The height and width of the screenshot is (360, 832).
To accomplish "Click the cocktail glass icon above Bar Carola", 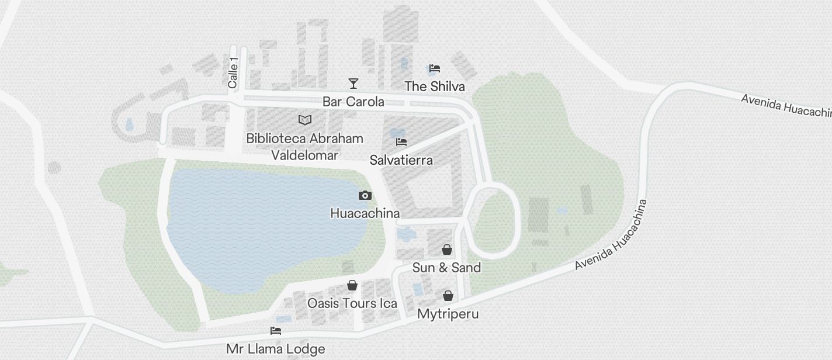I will click(x=353, y=83).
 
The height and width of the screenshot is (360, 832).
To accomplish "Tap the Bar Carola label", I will click(x=353, y=102).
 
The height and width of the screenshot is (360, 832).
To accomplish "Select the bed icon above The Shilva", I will click(x=434, y=68).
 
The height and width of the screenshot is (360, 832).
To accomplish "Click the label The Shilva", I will click(x=435, y=86).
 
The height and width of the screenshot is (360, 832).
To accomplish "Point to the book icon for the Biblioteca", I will click(x=304, y=120).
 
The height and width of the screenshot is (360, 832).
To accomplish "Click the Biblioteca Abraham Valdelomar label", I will click(x=304, y=147).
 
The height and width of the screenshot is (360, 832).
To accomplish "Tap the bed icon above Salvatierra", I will click(x=401, y=142).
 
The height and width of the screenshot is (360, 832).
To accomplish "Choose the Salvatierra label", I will click(x=401, y=160).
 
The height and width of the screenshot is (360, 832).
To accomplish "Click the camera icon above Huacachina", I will click(x=365, y=195).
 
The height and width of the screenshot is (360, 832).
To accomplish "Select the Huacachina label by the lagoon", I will click(x=365, y=213).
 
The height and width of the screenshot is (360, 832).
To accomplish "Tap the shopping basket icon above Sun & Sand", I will click(x=447, y=250).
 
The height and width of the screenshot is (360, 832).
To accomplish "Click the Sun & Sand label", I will click(x=447, y=268).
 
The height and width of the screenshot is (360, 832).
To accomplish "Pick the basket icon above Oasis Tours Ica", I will click(x=352, y=285).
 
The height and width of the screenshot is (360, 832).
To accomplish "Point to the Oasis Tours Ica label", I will click(x=352, y=303).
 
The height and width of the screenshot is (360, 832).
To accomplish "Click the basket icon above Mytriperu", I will click(x=448, y=296).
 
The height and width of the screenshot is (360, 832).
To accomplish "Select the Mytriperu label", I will click(x=448, y=314).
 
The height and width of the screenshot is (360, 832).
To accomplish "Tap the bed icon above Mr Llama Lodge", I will click(x=276, y=331).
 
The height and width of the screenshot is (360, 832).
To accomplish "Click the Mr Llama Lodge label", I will click(x=276, y=349).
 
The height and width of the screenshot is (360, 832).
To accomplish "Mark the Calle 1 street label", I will click(x=233, y=73).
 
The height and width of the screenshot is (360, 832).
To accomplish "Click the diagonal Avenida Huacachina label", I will click(x=611, y=235).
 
